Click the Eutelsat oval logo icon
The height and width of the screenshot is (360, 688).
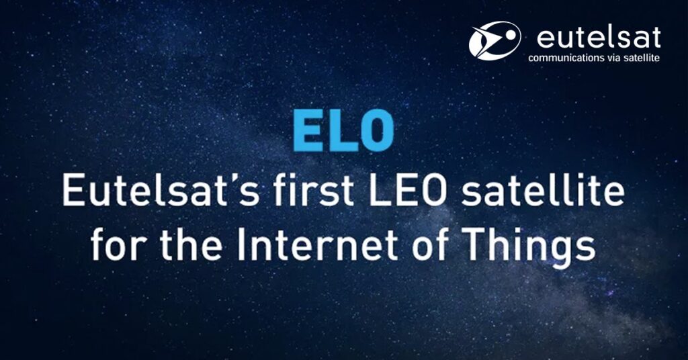pos(494,40)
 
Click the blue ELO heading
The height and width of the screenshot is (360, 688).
pos(343,131)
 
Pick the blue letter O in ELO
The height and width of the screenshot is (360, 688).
pos(378,131)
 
